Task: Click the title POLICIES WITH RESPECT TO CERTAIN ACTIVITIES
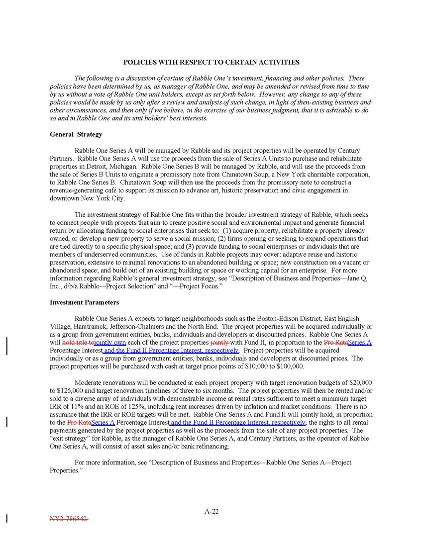[x=211, y=62]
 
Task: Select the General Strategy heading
[x=76, y=134]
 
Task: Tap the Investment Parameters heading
[x=84, y=302]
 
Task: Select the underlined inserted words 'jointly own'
[x=110, y=343]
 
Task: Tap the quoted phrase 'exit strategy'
[x=70, y=439]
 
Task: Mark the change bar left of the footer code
[x=7, y=519]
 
